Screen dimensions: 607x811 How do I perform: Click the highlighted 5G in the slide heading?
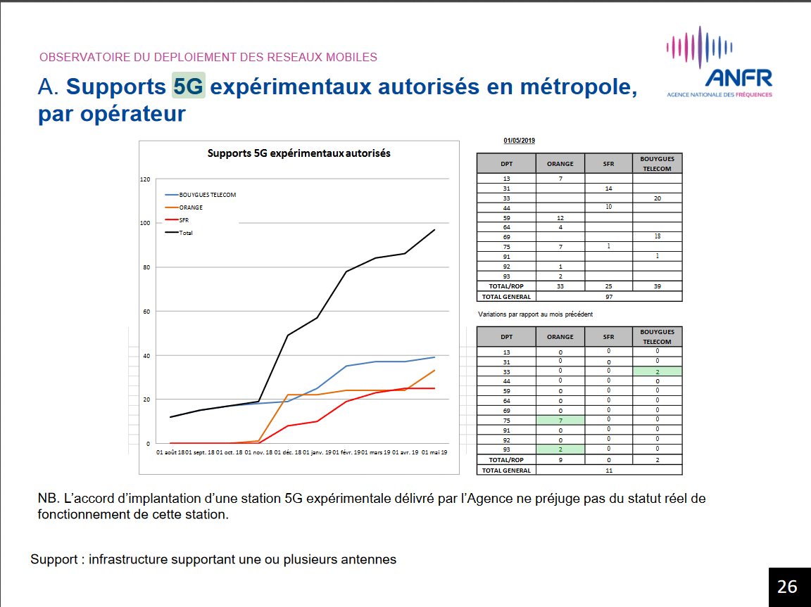pos(188,87)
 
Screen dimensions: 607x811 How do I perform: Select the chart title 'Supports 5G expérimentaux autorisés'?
pos(298,153)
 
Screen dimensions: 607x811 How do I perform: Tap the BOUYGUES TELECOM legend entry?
pos(207,195)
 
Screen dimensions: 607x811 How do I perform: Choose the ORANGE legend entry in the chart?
pos(191,207)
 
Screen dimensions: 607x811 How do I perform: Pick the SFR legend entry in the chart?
pos(184,220)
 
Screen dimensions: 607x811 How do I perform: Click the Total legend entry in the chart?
pos(186,233)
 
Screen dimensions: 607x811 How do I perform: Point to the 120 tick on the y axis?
pos(145,179)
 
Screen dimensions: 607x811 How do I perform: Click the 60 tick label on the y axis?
pos(146,312)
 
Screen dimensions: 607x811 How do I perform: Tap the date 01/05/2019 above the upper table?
pos(519,141)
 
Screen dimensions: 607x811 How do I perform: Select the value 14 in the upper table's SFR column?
pos(608,189)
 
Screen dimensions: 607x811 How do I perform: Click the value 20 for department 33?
pos(657,199)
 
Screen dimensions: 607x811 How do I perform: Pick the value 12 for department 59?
pos(560,218)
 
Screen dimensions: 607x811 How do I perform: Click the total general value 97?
pos(608,297)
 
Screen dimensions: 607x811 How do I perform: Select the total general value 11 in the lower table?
pos(608,470)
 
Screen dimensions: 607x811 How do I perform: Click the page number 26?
pos(787,587)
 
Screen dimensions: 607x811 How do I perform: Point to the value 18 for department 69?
pos(657,237)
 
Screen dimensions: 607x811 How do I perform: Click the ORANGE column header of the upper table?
pos(560,164)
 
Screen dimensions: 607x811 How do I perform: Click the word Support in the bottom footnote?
pos(54,560)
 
